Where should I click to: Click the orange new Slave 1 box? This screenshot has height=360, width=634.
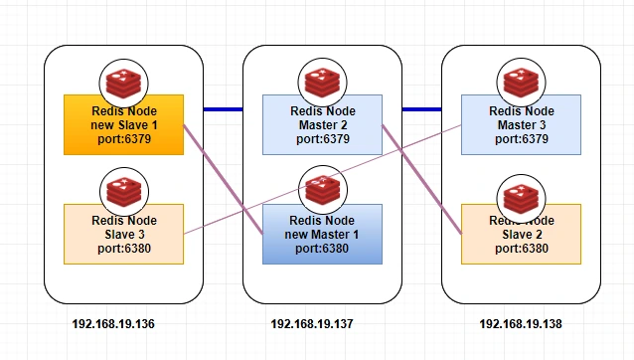(x=124, y=125)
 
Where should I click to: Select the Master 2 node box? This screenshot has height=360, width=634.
(x=322, y=125)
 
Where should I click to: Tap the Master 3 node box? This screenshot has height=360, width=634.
(x=521, y=125)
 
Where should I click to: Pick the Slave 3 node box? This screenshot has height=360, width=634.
(x=124, y=235)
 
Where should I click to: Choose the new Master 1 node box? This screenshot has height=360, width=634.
(x=322, y=235)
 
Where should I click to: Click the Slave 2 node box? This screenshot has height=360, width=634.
(x=521, y=235)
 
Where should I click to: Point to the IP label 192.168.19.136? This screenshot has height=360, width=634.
(x=113, y=324)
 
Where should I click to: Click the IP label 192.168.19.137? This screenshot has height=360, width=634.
(x=312, y=324)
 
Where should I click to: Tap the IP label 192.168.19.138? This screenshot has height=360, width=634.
(x=521, y=324)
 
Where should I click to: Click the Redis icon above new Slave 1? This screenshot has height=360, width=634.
(x=124, y=84)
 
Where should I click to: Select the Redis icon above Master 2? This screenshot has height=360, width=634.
(x=322, y=83)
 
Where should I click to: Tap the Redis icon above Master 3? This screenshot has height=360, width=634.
(x=521, y=83)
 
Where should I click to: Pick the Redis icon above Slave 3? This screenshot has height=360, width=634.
(x=124, y=192)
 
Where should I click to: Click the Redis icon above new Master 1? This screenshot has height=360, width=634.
(x=323, y=190)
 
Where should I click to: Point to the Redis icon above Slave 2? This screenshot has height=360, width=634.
(x=521, y=199)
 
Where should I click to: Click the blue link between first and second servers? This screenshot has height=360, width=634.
(x=224, y=109)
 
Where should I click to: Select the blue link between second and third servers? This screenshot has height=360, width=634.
(x=421, y=109)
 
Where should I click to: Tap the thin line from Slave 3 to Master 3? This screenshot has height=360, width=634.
(x=323, y=180)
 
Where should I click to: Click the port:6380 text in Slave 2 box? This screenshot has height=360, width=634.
(x=522, y=249)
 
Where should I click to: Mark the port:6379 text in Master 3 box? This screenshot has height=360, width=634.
(x=522, y=139)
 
